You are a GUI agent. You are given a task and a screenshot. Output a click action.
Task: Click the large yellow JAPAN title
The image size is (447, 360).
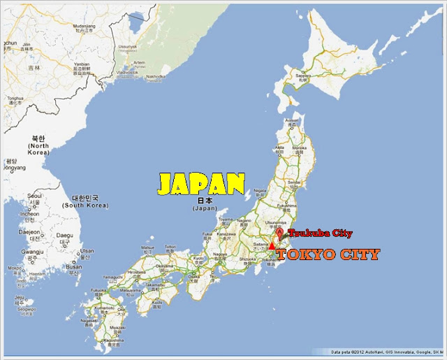pos(200,184)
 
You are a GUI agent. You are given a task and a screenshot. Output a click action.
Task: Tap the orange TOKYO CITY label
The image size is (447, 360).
pos(328,254)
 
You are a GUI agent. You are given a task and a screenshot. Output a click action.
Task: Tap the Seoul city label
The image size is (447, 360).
pos(34,196)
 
